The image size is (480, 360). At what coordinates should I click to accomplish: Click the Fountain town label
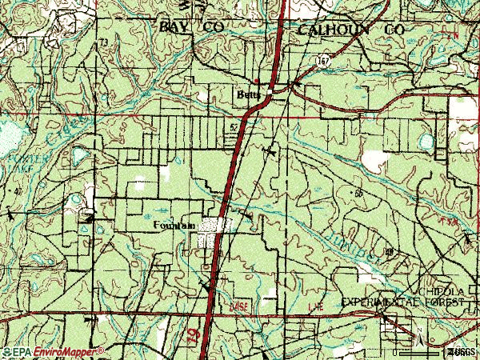(x=174, y=226)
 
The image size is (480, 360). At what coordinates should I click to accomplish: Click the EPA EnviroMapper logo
(x=53, y=351)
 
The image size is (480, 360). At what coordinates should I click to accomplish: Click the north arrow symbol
(x=417, y=331)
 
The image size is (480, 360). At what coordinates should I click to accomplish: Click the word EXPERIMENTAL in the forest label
(x=383, y=303)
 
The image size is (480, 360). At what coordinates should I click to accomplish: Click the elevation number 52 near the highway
(x=234, y=126)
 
